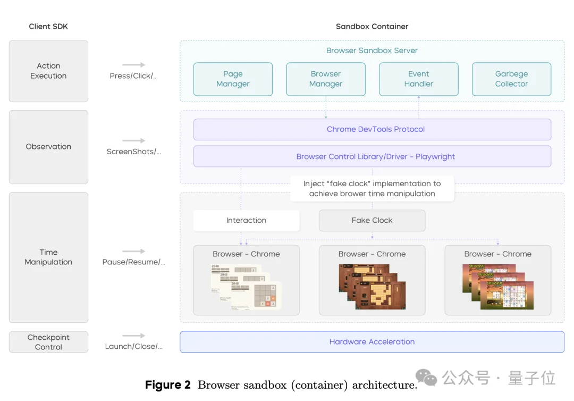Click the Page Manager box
click(233, 79)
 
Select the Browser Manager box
click(326, 79)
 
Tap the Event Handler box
click(418, 79)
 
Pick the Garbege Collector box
click(511, 79)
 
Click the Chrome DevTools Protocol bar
click(372, 129)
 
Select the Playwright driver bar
click(372, 157)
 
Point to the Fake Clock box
click(372, 220)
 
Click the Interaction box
click(246, 220)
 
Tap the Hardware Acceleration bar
click(372, 342)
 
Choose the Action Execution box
click(48, 71)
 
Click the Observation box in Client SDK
click(48, 147)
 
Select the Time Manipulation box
click(48, 257)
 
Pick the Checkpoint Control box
click(48, 342)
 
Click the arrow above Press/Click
click(133, 65)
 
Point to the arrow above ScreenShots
click(133, 141)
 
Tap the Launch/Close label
click(133, 347)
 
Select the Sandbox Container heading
click(372, 27)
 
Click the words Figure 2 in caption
click(167, 385)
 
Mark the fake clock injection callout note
click(372, 189)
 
